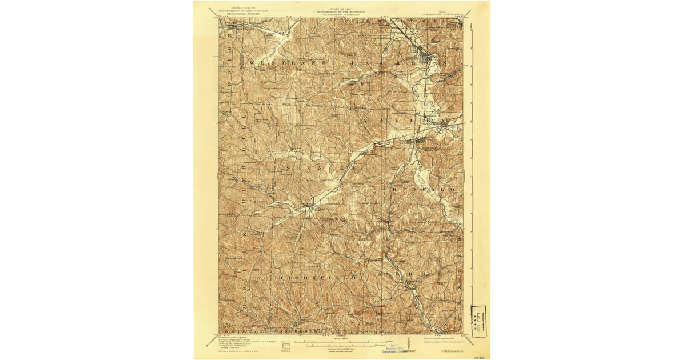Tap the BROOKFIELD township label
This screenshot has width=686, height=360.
point(320,277)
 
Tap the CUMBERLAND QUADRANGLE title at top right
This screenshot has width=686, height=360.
point(452,11)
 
